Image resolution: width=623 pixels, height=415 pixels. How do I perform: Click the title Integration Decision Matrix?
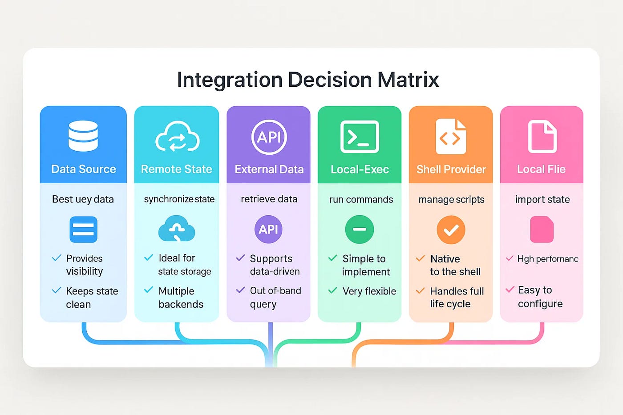click(x=308, y=80)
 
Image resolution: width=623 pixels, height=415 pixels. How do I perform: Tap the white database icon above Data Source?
click(x=83, y=136)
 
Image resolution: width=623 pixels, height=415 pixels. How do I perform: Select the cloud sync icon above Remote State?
click(x=177, y=137)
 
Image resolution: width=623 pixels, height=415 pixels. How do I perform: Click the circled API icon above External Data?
click(x=269, y=137)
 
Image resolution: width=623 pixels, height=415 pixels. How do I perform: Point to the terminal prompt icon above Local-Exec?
click(x=360, y=137)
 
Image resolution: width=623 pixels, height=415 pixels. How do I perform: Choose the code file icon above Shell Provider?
click(x=450, y=137)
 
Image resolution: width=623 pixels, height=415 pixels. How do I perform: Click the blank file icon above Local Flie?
click(x=542, y=137)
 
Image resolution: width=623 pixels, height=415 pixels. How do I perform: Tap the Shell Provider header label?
click(x=451, y=169)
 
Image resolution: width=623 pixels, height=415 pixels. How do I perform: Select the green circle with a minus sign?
click(x=360, y=230)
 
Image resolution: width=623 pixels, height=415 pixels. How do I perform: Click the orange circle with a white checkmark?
click(x=451, y=230)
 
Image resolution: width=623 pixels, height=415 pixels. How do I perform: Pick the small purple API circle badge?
click(x=268, y=230)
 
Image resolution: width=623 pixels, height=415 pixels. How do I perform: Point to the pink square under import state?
click(x=542, y=230)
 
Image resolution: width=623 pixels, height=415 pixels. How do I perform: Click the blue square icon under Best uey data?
click(x=83, y=230)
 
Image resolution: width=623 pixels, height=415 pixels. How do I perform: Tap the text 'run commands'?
click(x=361, y=200)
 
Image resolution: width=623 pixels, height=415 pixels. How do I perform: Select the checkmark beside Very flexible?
click(x=332, y=291)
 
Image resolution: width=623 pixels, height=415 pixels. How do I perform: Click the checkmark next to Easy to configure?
click(x=510, y=290)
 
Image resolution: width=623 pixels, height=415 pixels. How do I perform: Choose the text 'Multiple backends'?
click(x=181, y=298)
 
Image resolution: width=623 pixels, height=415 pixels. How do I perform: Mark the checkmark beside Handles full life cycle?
click(x=420, y=291)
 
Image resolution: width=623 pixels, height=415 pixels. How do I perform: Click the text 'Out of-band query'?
click(x=275, y=297)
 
